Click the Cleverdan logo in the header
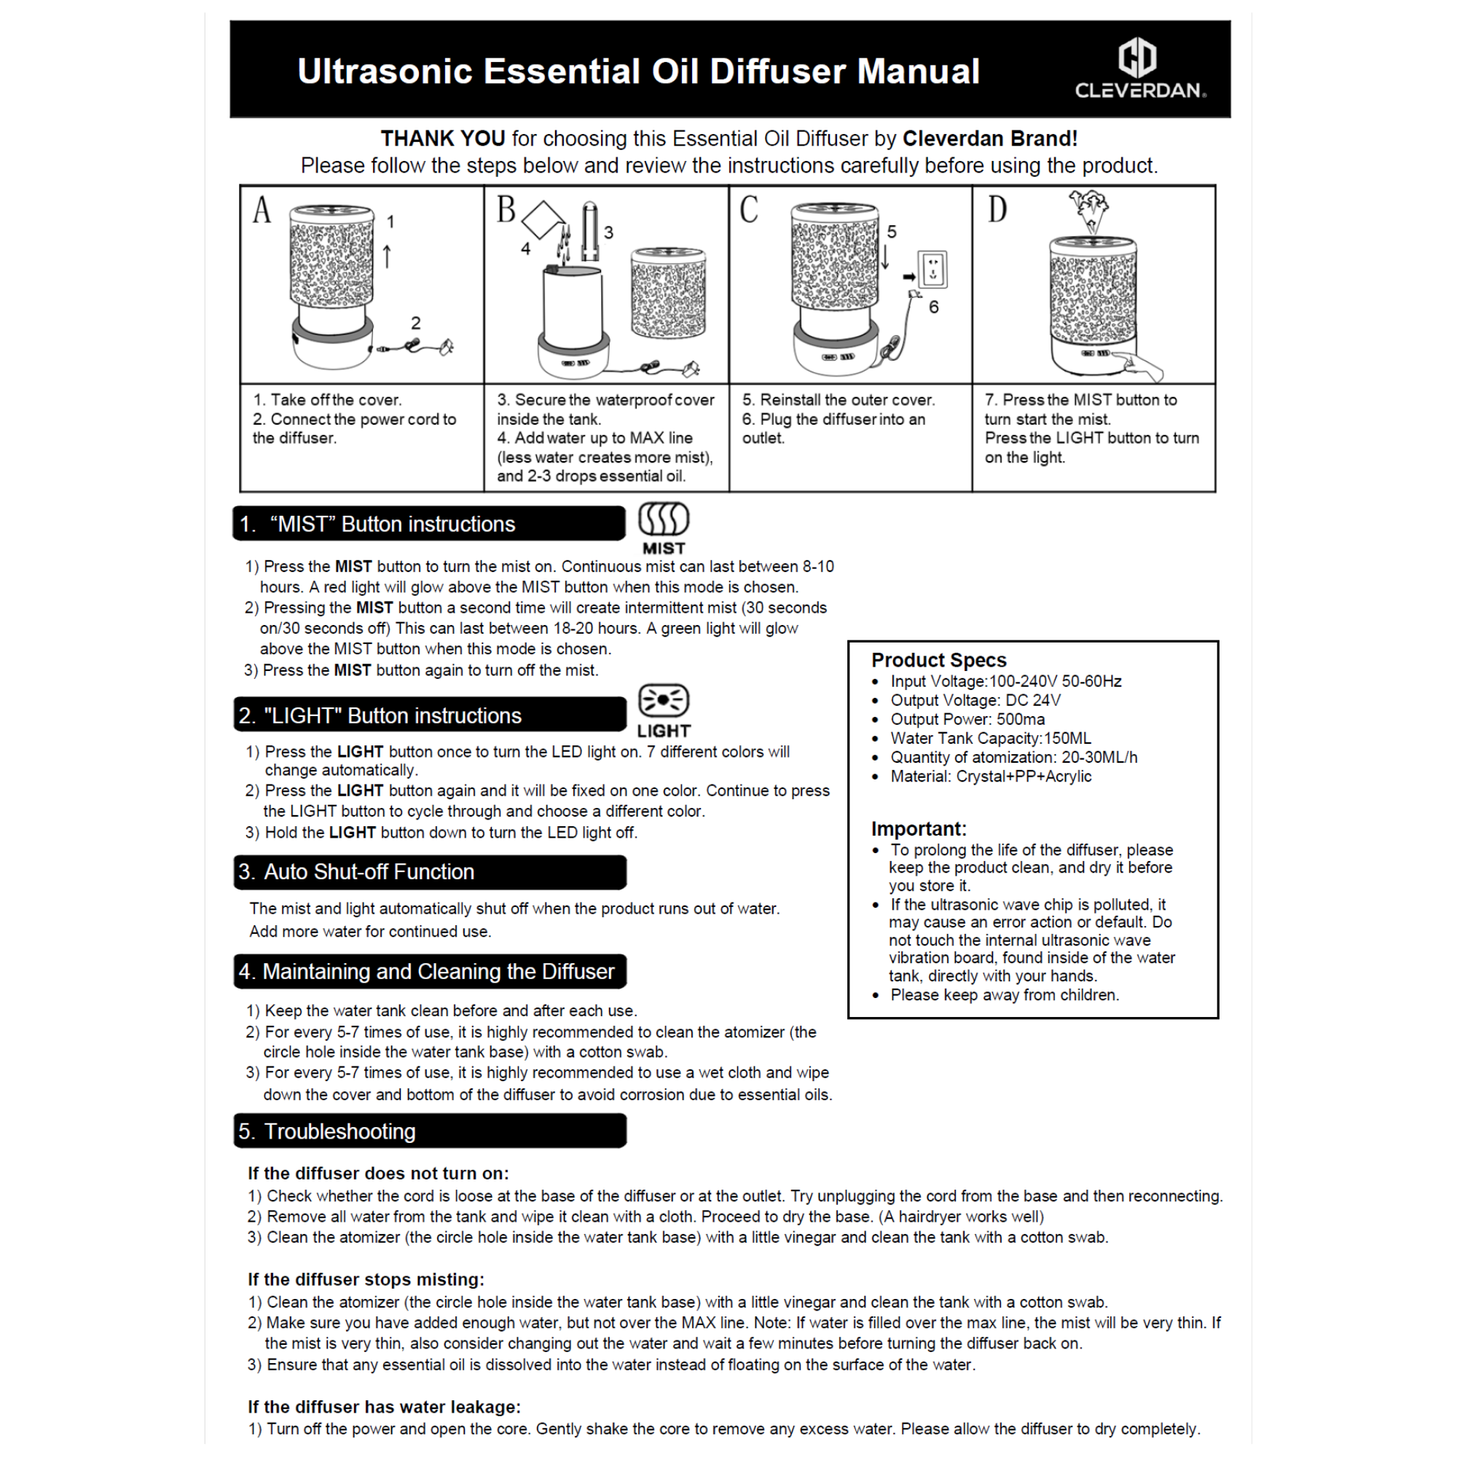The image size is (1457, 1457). [x=1139, y=70]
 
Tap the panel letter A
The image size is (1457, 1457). [x=261, y=210]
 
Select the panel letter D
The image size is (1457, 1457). [x=997, y=210]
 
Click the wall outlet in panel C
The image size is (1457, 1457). [x=934, y=270]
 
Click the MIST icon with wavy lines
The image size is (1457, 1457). [x=664, y=519]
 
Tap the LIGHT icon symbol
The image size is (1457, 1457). [x=664, y=701]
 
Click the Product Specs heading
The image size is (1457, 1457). [x=939, y=660]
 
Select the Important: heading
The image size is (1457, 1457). [x=919, y=829]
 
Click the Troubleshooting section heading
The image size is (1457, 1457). [x=340, y=1131]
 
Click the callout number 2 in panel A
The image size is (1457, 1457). [x=415, y=323]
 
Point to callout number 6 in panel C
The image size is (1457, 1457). [x=934, y=307]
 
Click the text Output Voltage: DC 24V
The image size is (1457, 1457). [x=975, y=700]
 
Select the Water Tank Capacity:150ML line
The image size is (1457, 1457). [x=990, y=738]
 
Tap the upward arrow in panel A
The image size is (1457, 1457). [x=387, y=256]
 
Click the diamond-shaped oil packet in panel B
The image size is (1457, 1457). [x=543, y=220]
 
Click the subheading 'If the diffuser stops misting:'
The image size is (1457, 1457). [x=366, y=1280]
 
